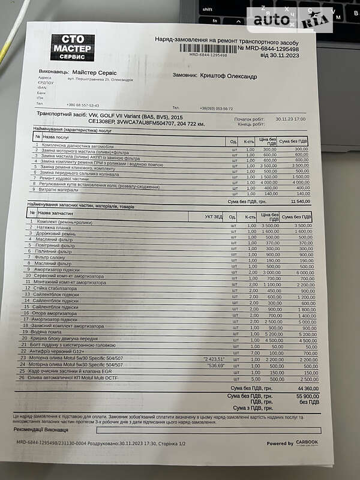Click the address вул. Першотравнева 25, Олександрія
click(x=100, y=79)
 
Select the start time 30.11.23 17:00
click(x=290, y=119)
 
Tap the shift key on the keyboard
click(x=208, y=10)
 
